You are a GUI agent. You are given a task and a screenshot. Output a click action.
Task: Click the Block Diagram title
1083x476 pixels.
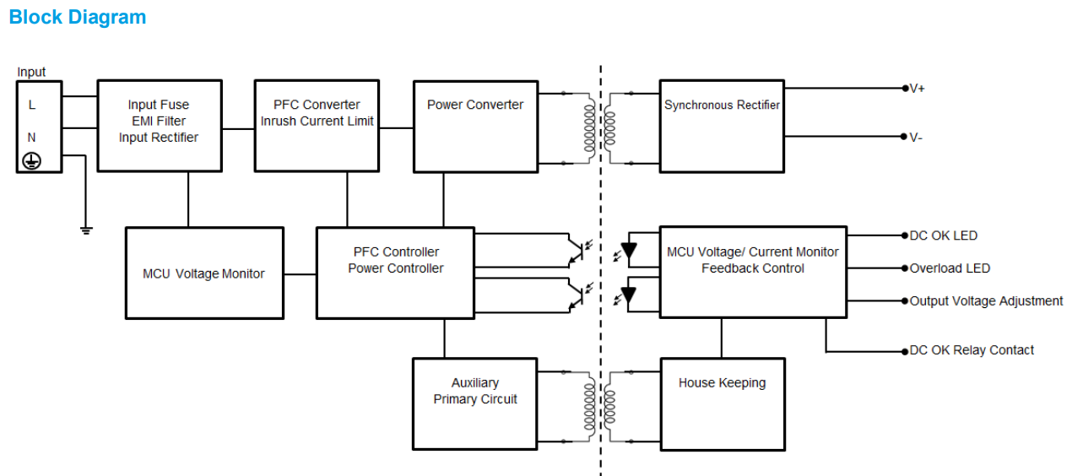click(x=77, y=18)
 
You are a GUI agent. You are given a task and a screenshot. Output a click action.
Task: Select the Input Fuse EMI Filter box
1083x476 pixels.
click(x=160, y=126)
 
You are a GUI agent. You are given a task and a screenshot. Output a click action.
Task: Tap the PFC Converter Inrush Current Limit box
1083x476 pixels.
click(x=317, y=126)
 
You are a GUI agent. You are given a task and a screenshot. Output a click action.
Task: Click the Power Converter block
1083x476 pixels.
click(x=475, y=126)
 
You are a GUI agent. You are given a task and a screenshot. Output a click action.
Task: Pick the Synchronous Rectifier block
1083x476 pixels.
click(x=722, y=126)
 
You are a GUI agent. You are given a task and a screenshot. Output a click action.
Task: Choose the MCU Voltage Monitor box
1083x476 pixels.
click(x=203, y=273)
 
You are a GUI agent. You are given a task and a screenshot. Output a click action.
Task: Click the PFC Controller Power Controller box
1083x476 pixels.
click(x=395, y=273)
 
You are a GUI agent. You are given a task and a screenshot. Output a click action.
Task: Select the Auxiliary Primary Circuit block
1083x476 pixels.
click(x=475, y=403)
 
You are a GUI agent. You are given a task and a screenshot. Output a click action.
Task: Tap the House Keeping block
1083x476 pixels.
click(x=722, y=403)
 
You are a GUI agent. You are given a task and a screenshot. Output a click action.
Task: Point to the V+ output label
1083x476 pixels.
click(x=917, y=89)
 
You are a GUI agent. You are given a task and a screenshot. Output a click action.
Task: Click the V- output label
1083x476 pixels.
click(x=916, y=138)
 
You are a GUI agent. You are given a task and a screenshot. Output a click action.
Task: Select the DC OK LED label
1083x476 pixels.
click(x=943, y=236)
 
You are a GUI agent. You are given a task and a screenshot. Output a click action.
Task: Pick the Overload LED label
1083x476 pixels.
click(x=950, y=268)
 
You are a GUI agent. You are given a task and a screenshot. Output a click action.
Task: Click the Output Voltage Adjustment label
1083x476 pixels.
click(x=986, y=301)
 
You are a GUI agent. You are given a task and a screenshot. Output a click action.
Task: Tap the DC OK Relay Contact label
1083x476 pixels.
click(x=971, y=350)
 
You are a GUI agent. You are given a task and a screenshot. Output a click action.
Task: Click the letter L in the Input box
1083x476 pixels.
click(x=32, y=105)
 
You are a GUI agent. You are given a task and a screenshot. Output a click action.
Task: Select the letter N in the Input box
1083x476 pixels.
click(x=32, y=137)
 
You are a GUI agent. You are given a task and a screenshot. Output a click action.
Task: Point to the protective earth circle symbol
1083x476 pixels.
click(x=32, y=161)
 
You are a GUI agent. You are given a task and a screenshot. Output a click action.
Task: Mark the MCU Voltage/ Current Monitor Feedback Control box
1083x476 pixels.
click(x=752, y=273)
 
